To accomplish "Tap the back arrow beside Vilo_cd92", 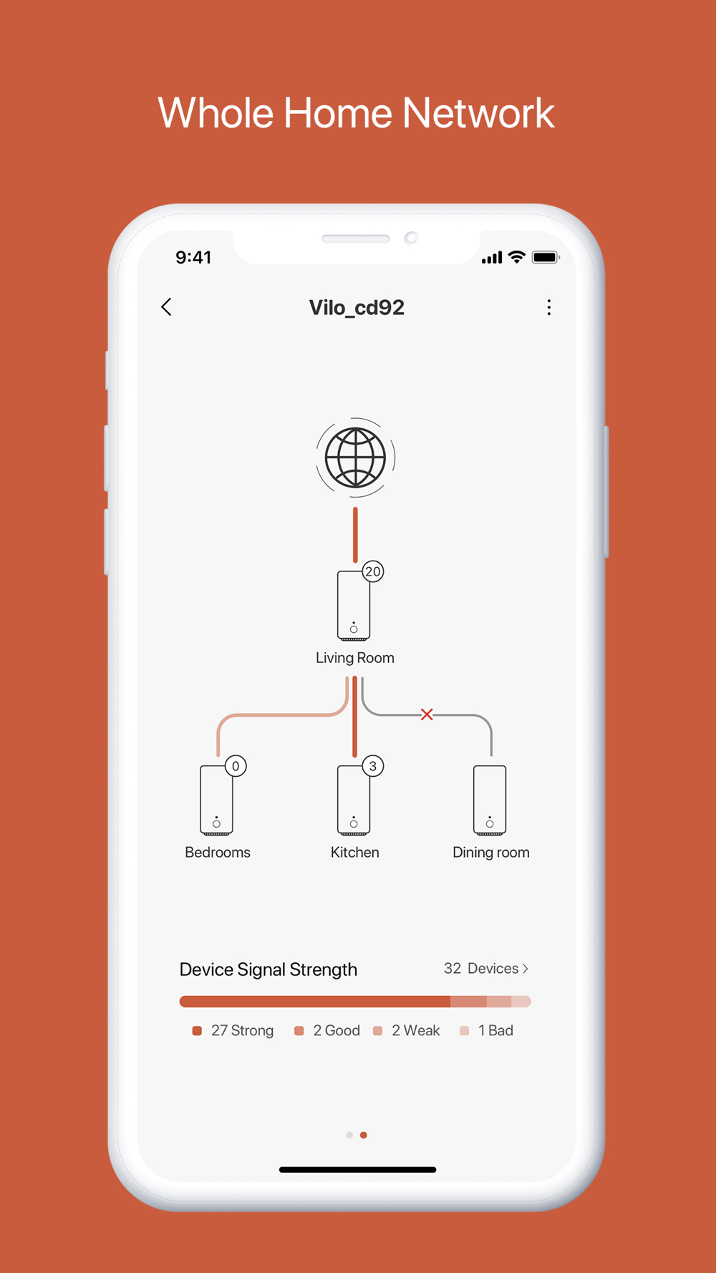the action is coord(166,307).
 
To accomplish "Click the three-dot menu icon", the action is coord(549,307).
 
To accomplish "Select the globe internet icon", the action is coord(356,458).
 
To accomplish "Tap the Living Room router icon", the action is coord(354,606).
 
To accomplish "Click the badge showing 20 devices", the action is coord(373,571).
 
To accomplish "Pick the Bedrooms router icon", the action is coord(216,800).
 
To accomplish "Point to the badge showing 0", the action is coord(236,766).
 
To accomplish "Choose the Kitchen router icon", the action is coord(354,800).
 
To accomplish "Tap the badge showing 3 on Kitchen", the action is coord(373,766).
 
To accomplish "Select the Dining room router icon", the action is coord(490,800).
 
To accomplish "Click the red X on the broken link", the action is coord(427,714).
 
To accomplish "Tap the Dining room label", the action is coord(491,852).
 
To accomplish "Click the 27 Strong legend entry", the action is coord(233,1030).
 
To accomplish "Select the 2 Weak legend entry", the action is coord(407,1030).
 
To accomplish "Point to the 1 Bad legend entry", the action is coord(487,1030).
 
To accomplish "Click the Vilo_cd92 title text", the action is coord(357,308).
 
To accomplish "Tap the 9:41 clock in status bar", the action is coord(193,258).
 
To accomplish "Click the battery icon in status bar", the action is coord(546,257).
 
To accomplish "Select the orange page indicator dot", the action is coord(364,1135).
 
